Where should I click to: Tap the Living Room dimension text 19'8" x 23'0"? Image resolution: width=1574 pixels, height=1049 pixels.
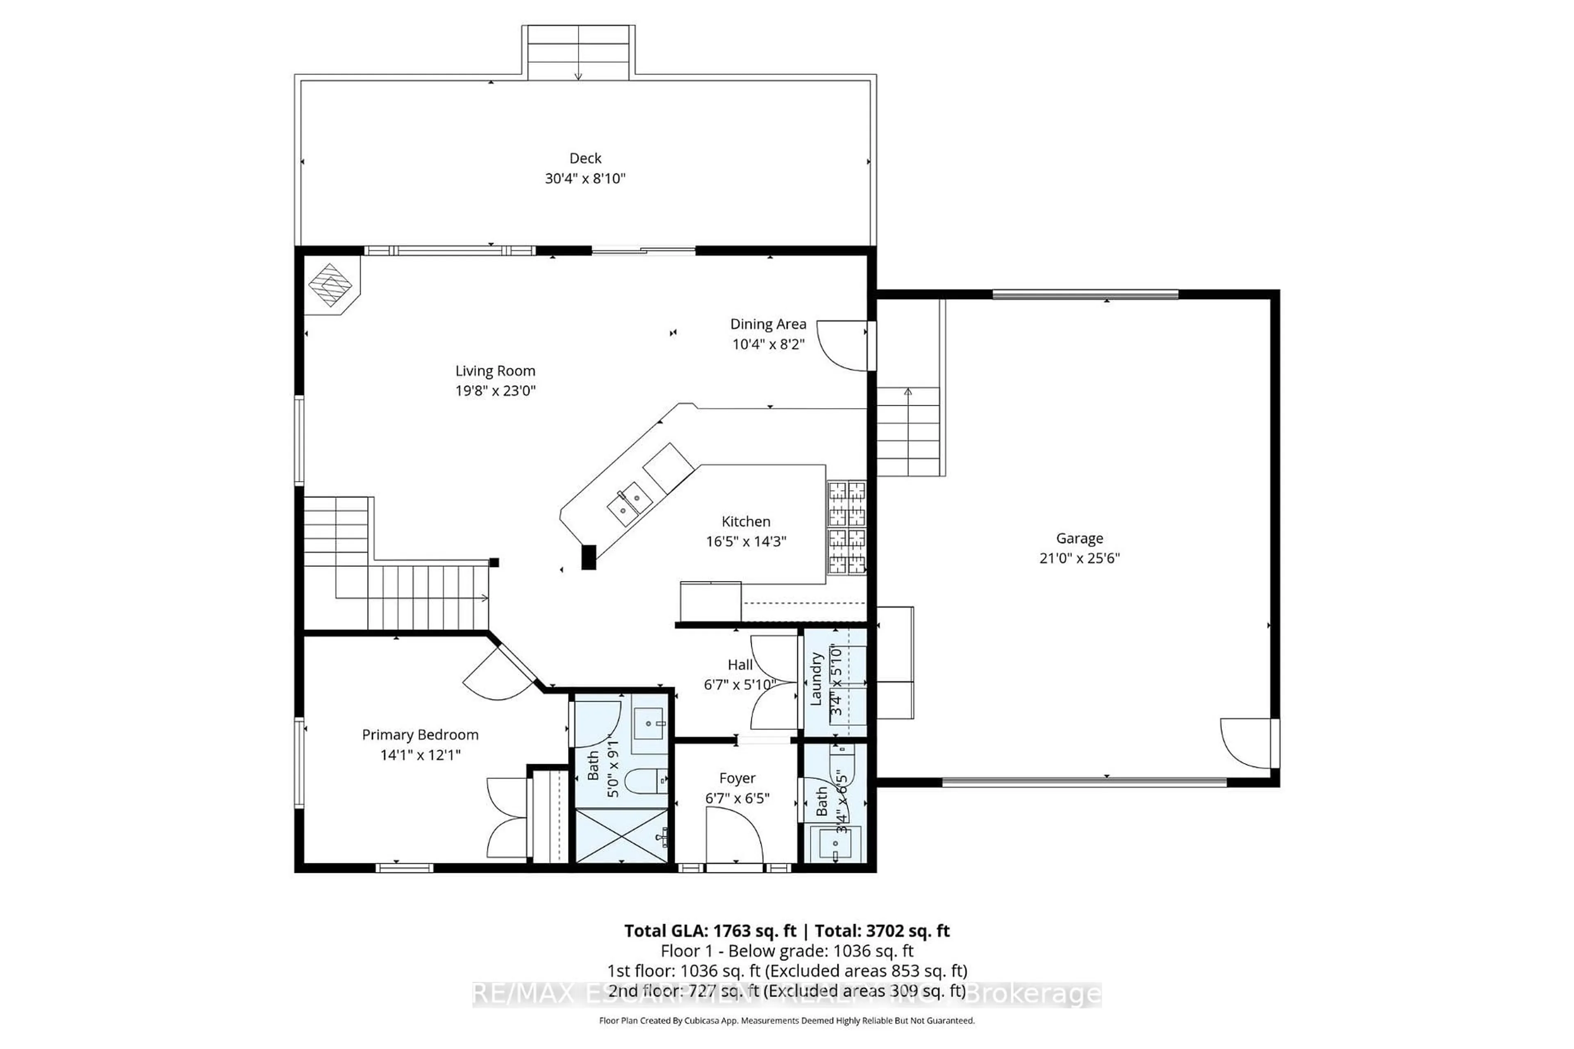point(495,391)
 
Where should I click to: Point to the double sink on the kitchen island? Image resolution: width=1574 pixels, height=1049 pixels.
point(629,504)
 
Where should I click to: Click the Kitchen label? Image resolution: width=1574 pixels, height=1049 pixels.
point(746,522)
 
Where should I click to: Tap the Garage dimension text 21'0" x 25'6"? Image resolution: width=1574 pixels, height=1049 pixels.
point(1079,559)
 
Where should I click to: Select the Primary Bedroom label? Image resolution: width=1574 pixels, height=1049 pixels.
point(420,735)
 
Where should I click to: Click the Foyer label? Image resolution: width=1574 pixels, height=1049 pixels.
point(737,779)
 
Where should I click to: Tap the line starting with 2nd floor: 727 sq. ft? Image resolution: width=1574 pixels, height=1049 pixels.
point(786,991)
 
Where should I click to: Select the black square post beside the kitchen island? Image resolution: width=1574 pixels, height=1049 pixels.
point(588,557)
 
